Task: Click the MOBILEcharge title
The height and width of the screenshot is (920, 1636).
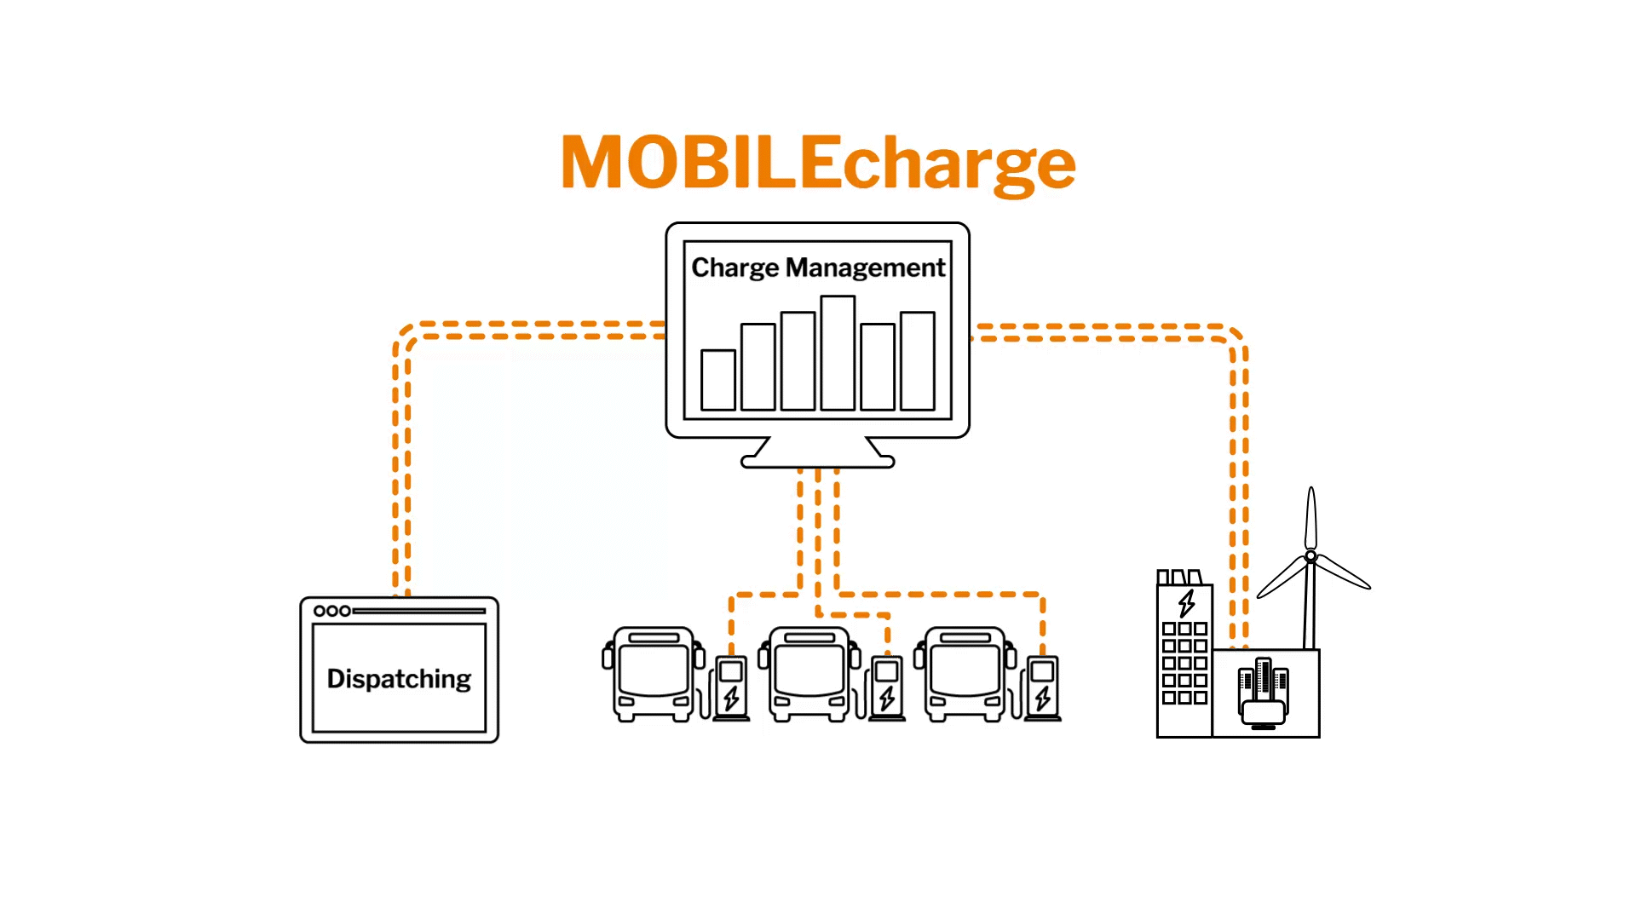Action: coord(818,162)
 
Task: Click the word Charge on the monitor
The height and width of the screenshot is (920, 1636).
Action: coord(734,267)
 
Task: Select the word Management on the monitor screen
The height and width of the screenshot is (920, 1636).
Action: coord(865,267)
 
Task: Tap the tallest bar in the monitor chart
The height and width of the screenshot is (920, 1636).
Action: coord(838,353)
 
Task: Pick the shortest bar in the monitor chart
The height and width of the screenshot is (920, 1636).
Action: coord(718,380)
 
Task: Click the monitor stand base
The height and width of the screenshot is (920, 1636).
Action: coord(818,461)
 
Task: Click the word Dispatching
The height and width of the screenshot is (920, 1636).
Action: coord(399,679)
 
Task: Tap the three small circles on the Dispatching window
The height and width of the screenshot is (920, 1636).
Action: coord(332,611)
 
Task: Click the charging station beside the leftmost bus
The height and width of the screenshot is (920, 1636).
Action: coord(731,687)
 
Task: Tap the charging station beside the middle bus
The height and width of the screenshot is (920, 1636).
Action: coord(887,687)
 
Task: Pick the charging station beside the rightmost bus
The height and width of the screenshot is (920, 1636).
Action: coord(1043,687)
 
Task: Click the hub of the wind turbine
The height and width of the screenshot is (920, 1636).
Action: coord(1311,556)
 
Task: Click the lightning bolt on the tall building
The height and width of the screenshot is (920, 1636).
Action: coord(1186,602)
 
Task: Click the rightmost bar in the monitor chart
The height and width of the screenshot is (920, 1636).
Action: coord(918,361)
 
